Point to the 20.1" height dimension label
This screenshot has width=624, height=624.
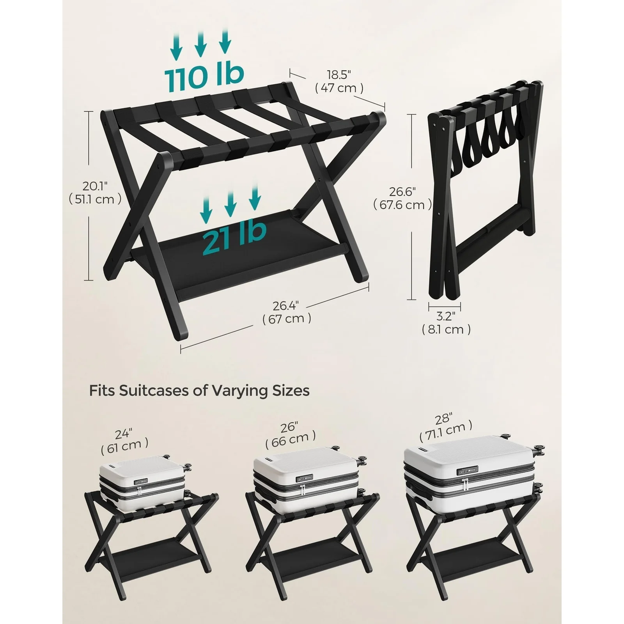click(95, 186)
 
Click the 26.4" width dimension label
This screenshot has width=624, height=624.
click(287, 305)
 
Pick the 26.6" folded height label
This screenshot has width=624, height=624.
click(402, 192)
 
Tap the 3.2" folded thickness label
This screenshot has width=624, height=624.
click(446, 316)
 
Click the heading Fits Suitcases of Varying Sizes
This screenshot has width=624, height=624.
click(199, 390)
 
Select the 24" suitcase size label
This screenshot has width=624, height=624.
click(124, 434)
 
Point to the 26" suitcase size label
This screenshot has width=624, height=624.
click(289, 427)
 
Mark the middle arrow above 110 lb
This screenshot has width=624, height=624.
click(200, 44)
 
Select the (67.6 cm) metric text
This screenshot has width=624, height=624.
click(402, 205)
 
